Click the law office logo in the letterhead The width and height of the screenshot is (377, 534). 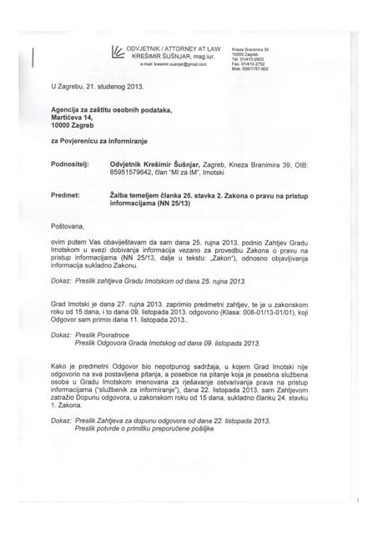click(x=119, y=51)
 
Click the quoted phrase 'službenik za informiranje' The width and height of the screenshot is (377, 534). click(x=159, y=389)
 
